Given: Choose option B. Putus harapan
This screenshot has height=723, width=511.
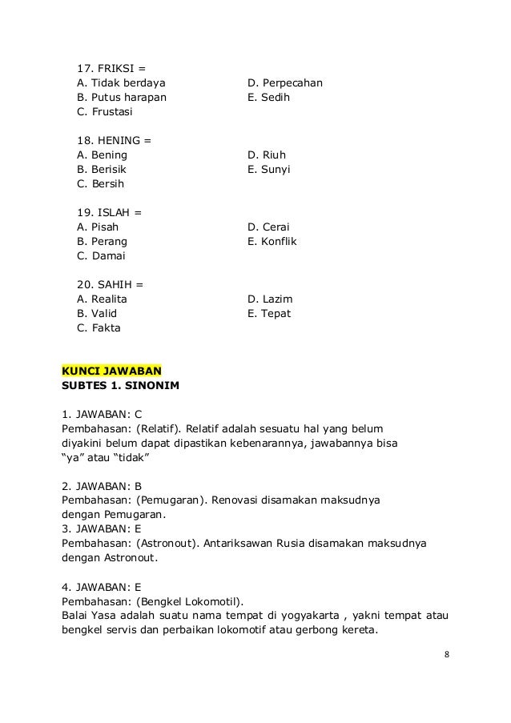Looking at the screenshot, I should tap(122, 98).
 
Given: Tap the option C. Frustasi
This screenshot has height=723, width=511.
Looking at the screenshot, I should tap(105, 113).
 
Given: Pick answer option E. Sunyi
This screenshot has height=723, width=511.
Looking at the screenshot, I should tap(269, 170).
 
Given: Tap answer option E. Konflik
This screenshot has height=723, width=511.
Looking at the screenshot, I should tap(272, 241).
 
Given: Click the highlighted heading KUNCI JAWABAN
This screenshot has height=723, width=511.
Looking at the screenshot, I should tap(111, 371).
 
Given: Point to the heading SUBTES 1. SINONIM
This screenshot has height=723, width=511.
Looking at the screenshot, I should tap(120, 385).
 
